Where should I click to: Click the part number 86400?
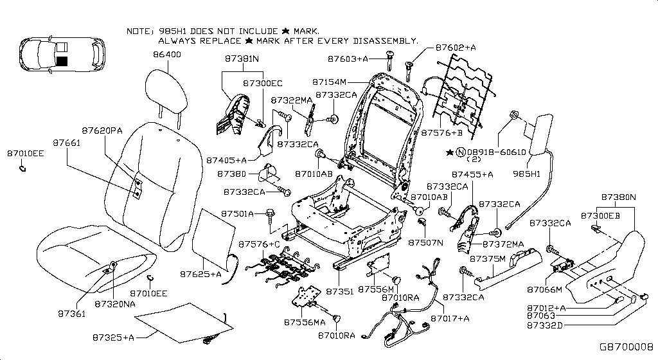167,55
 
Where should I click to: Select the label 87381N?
242,59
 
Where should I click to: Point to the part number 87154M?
330,82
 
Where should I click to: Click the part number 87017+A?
450,318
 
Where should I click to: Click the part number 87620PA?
102,130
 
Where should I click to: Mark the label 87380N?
618,197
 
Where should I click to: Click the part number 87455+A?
472,174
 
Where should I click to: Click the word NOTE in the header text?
139,31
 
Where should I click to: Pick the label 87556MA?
305,321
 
